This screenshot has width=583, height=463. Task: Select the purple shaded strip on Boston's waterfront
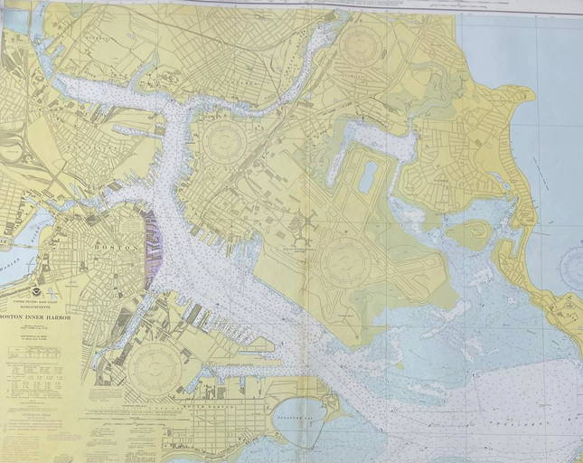point(153,244)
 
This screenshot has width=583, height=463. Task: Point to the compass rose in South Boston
point(155,367)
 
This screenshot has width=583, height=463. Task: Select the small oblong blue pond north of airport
point(367,177)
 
